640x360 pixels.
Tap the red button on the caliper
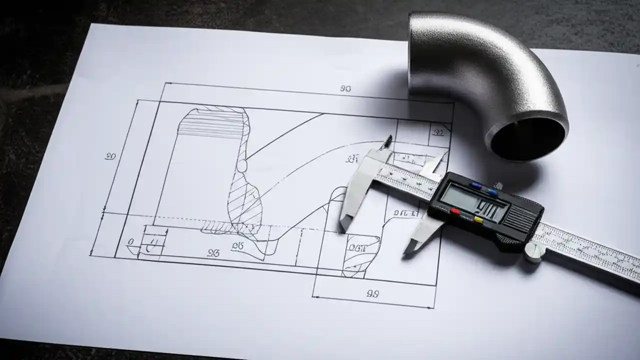(454, 212)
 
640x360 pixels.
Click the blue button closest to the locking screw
(493, 192)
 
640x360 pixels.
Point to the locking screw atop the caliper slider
(498, 186)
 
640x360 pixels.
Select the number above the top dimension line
(345, 89)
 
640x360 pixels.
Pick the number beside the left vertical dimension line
(110, 156)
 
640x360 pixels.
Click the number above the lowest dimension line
(372, 293)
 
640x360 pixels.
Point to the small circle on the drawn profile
(241, 165)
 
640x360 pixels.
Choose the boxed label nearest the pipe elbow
(438, 132)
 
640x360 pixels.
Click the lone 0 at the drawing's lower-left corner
(130, 242)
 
